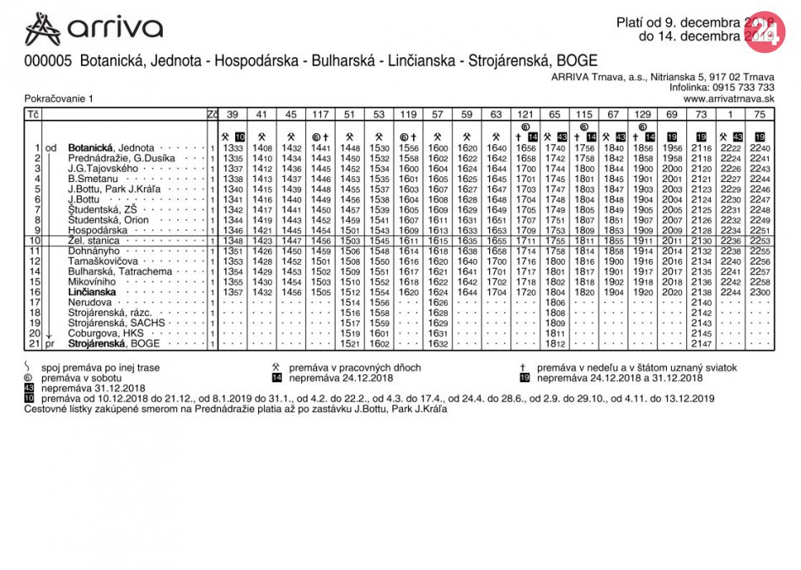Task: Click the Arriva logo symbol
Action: tap(43, 29)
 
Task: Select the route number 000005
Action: tap(48, 62)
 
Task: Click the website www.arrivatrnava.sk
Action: tap(734, 98)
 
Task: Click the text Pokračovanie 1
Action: tap(59, 99)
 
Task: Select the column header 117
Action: tap(320, 114)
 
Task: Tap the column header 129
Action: tap(642, 114)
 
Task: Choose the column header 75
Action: tap(760, 114)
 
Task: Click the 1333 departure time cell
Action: tap(233, 148)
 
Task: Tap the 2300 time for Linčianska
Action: tap(760, 292)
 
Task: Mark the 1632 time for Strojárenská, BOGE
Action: tap(438, 344)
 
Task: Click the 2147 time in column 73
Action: tap(702, 344)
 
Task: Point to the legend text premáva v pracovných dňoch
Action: tap(355, 368)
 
